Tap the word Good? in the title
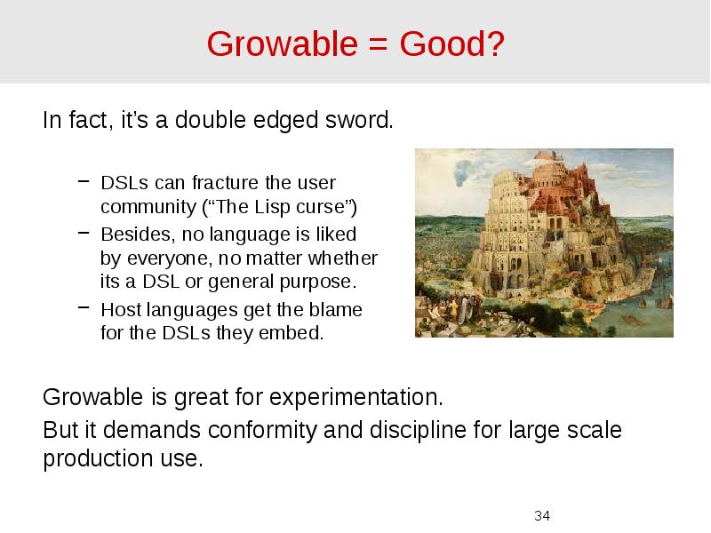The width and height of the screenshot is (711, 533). tap(452, 43)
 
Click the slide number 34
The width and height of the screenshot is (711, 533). tap(542, 515)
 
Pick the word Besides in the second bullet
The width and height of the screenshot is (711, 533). tap(131, 235)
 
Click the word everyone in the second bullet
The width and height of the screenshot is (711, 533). tap(162, 259)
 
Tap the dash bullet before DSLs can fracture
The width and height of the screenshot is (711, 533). tap(83, 182)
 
